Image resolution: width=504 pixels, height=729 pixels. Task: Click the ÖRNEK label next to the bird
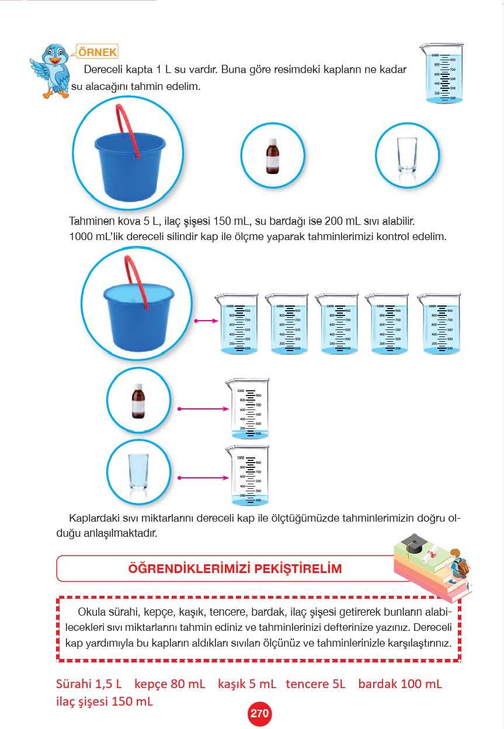coord(97,51)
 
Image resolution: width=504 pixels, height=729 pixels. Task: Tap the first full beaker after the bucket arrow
coord(237,324)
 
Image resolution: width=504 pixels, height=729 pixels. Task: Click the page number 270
coord(259,713)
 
